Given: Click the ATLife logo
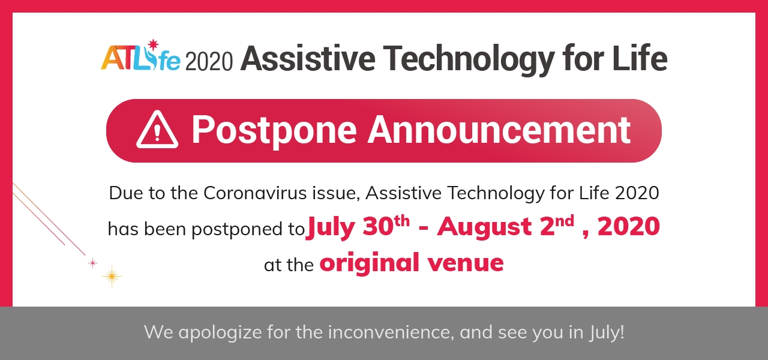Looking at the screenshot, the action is (x=140, y=56).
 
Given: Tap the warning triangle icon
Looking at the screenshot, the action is (x=157, y=130).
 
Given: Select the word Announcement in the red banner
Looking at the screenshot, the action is (x=499, y=130).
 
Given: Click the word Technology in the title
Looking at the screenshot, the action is (x=469, y=59).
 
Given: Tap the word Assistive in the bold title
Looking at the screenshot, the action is (x=308, y=58).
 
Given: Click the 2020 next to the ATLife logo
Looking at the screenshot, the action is (x=209, y=62).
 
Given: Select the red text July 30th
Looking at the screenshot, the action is (x=358, y=227).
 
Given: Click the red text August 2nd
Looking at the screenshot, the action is (x=505, y=227).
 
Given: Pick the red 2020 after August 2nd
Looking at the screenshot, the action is (x=628, y=226).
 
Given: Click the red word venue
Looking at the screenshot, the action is (x=466, y=263).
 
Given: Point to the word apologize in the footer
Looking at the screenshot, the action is (x=220, y=332).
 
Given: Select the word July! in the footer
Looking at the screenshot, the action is (x=607, y=332).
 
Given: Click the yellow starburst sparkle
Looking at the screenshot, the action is (x=112, y=277).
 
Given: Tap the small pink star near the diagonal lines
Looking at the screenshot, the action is (x=92, y=263).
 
